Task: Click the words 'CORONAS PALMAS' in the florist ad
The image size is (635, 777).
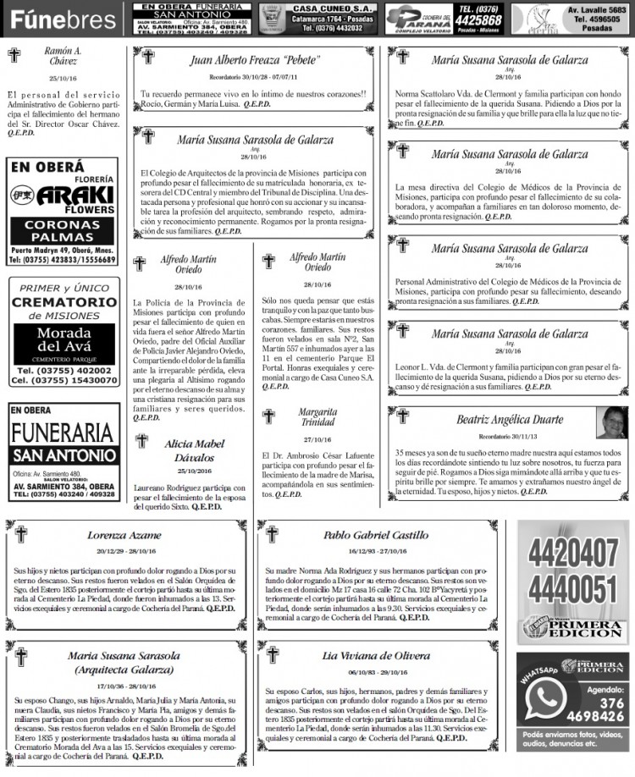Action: click(x=63, y=231)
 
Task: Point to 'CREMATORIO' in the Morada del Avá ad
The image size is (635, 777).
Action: click(x=64, y=302)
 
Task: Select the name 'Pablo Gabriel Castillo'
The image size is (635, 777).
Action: click(x=376, y=535)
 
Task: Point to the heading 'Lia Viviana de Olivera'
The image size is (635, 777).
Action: click(x=376, y=655)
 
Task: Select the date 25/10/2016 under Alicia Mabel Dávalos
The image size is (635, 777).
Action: click(x=195, y=471)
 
